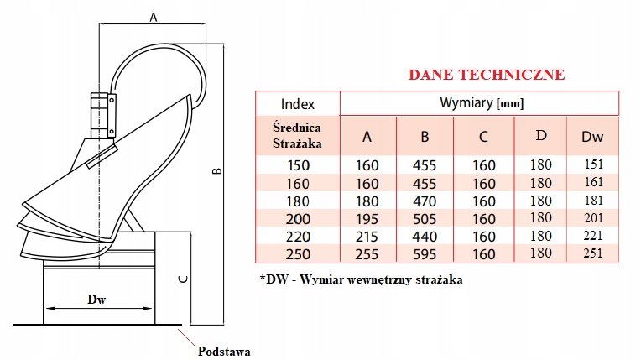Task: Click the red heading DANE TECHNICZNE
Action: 486,75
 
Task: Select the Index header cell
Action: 298,104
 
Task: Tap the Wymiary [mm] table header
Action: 482,103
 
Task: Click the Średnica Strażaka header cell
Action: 298,134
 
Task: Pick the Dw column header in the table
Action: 592,136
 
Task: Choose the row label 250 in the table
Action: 298,253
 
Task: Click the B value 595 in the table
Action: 425,253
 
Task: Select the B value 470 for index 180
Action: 425,201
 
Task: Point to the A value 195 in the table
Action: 367,218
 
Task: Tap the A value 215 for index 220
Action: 367,236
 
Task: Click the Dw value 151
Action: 592,165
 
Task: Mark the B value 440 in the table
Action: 425,236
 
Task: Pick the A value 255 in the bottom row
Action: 367,253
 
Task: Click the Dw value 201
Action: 592,218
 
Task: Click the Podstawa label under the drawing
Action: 225,351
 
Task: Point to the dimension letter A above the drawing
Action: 154,17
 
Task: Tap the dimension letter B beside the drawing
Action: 216,171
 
